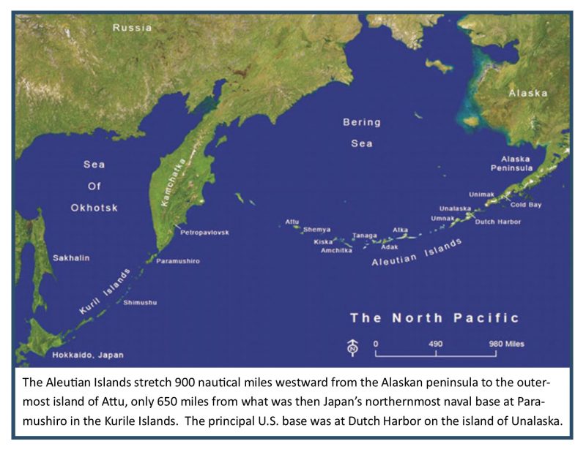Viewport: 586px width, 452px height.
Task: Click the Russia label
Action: (132, 28)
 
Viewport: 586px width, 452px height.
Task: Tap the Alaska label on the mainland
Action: (529, 94)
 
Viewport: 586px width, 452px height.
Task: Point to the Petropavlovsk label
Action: (204, 232)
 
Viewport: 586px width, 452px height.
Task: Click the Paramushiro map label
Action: (178, 260)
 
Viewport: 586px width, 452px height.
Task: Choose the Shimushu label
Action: (140, 302)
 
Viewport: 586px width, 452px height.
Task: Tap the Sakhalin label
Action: (69, 258)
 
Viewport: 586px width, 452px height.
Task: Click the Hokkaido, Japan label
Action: (88, 355)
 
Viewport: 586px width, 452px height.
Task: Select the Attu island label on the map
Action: (292, 220)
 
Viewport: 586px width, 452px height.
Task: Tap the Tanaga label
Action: (365, 236)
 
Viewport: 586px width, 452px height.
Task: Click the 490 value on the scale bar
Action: (436, 343)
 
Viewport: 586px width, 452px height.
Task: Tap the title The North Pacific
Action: (434, 317)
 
